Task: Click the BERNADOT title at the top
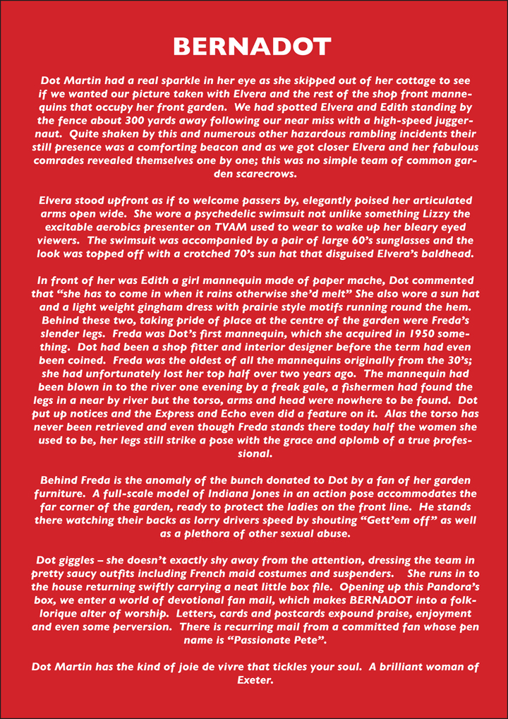pyautogui.click(x=253, y=47)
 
